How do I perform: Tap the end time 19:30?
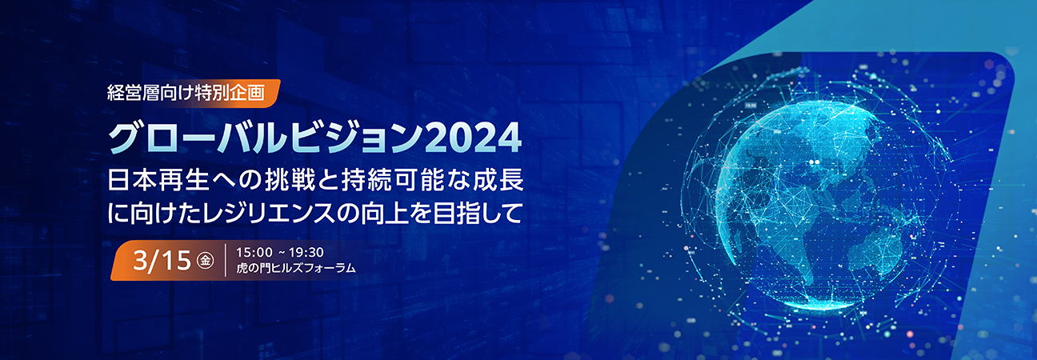click(x=305, y=252)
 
